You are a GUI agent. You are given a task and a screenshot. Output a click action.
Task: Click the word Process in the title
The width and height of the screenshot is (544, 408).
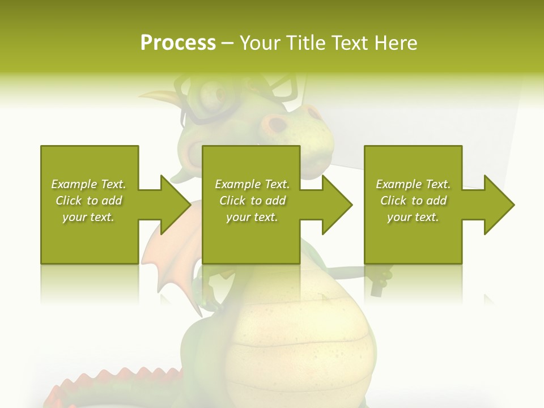pos(178,43)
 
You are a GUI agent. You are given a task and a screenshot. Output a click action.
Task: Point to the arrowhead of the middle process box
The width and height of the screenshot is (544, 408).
pos(337,205)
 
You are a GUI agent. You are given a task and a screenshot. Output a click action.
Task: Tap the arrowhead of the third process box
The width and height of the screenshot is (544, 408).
pos(499,205)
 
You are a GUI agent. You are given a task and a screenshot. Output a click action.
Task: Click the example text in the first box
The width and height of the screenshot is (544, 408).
pos(88,201)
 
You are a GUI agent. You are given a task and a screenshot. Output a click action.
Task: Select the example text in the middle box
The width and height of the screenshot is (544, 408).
pos(252,201)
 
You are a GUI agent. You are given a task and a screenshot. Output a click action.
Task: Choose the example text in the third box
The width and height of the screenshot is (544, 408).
pos(413,201)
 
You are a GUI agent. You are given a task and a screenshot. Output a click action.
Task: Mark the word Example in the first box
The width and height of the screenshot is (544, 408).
pos(75,184)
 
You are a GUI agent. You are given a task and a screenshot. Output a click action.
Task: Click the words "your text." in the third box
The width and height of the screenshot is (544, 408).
pos(413,217)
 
